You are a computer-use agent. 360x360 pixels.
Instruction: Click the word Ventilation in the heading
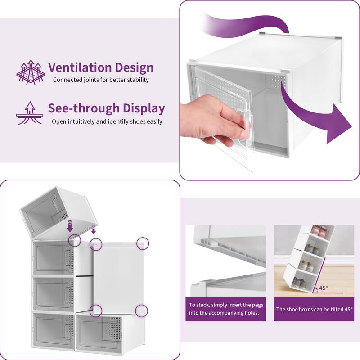tap(80, 67)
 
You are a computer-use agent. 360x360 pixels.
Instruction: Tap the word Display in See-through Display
tap(144, 108)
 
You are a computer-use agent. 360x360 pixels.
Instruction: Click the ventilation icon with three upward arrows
tap(31, 72)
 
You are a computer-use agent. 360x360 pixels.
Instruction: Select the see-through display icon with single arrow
tap(29, 113)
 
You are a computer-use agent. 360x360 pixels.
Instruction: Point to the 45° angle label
tap(324, 288)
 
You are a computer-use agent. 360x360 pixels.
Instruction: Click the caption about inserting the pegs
tap(226, 309)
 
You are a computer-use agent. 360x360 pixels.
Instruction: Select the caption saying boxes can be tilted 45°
tap(314, 309)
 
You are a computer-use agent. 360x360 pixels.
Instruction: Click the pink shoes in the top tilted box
tap(319, 230)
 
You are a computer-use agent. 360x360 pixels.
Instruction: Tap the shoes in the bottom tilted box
tap(299, 283)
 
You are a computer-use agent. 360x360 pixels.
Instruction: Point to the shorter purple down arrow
tap(93, 230)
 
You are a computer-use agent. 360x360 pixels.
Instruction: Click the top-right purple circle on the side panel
tap(143, 243)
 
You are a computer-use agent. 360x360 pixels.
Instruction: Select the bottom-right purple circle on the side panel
tap(142, 311)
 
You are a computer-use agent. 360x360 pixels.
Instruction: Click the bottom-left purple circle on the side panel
tap(96, 311)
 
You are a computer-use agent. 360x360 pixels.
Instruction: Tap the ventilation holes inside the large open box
tap(277, 81)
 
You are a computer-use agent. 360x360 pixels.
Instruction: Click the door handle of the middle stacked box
tap(69, 294)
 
